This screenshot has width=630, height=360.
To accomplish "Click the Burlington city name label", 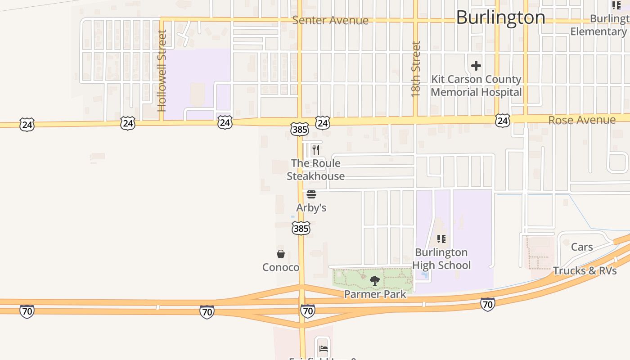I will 500,18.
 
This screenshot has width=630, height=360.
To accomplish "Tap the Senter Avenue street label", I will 330,20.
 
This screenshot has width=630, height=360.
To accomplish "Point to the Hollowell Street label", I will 162,71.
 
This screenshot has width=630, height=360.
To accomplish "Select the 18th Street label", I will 416,69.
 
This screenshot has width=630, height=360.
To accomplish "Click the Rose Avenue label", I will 582,120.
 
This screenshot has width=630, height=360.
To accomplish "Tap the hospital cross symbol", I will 476,66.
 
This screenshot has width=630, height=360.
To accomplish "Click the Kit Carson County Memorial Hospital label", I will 476,85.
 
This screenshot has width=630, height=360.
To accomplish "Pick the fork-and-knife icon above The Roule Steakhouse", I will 316,149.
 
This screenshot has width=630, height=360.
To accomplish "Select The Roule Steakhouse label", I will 316,170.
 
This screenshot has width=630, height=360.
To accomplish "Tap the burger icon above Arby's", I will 311,194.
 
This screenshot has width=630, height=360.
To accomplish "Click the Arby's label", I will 311,208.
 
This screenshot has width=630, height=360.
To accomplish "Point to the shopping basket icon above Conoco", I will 281,254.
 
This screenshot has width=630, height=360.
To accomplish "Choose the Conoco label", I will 281,267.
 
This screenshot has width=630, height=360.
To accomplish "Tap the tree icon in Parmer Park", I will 374,281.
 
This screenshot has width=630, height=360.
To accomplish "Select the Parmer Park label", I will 375,294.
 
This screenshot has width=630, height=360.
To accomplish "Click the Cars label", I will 582,247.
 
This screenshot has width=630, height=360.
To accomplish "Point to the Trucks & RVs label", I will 585,270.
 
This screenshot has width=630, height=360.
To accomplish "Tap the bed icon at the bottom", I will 323,348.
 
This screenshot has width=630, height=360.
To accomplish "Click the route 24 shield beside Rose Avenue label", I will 503,120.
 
